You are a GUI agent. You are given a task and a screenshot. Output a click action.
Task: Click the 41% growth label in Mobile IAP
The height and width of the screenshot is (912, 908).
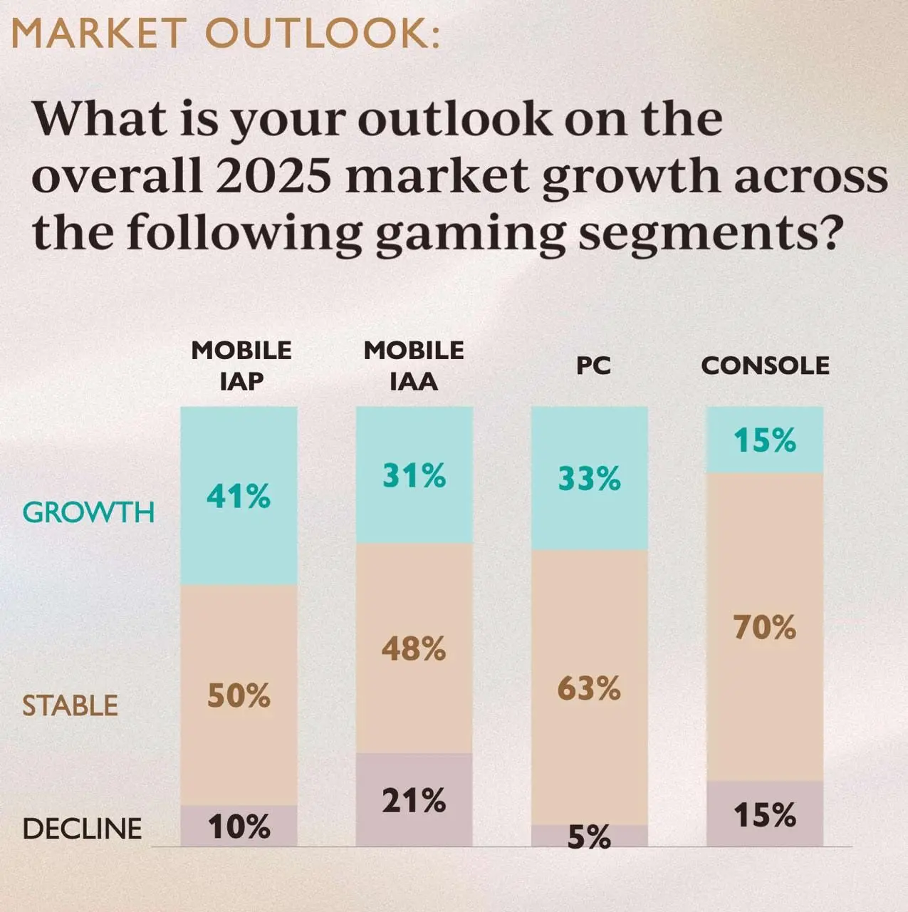click(x=239, y=497)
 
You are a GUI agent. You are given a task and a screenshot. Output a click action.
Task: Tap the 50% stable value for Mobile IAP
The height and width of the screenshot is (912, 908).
click(x=239, y=695)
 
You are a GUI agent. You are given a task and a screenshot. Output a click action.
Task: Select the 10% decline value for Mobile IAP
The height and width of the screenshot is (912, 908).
click(x=239, y=827)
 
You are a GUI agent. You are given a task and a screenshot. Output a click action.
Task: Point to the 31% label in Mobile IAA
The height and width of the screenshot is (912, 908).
click(x=414, y=475)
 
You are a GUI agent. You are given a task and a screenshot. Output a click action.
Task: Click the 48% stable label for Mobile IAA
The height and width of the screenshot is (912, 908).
click(x=414, y=649)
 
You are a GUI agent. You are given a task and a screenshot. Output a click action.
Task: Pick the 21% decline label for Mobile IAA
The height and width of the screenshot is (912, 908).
click(x=414, y=802)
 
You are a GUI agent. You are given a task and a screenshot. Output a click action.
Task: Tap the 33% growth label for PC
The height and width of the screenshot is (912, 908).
click(x=589, y=479)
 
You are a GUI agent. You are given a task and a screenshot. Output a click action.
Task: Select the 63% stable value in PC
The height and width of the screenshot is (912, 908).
click(x=589, y=689)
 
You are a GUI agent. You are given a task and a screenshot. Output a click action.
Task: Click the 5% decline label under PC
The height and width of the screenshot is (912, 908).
click(x=589, y=838)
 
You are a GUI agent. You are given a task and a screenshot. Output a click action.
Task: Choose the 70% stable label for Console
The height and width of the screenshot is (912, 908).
click(x=765, y=628)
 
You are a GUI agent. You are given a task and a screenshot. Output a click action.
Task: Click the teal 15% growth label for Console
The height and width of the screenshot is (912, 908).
click(x=765, y=441)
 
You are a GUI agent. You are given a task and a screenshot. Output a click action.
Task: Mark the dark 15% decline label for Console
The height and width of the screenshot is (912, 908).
click(x=765, y=815)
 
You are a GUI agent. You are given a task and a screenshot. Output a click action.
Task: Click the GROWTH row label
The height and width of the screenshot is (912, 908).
click(x=88, y=512)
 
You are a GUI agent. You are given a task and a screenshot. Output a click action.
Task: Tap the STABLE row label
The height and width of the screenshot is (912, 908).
click(x=70, y=705)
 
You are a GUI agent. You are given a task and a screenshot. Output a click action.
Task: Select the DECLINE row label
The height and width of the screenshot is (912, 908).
click(x=82, y=829)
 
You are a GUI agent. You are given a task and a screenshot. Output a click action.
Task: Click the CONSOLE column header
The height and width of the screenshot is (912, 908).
click(x=765, y=366)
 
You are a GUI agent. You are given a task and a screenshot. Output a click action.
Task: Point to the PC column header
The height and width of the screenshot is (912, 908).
click(x=593, y=366)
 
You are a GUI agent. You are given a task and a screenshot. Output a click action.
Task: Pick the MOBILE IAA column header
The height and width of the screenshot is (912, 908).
click(x=414, y=366)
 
